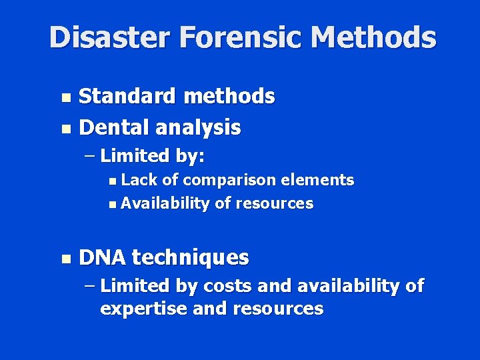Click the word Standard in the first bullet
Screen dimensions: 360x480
(x=127, y=97)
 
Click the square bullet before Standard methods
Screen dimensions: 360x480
(x=65, y=98)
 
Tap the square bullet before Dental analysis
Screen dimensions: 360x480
(x=65, y=128)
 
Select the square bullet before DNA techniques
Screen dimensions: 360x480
(x=65, y=258)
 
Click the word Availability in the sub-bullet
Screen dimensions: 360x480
(x=165, y=203)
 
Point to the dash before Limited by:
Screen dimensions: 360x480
(x=90, y=157)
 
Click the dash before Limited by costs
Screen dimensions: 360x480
(x=90, y=287)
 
